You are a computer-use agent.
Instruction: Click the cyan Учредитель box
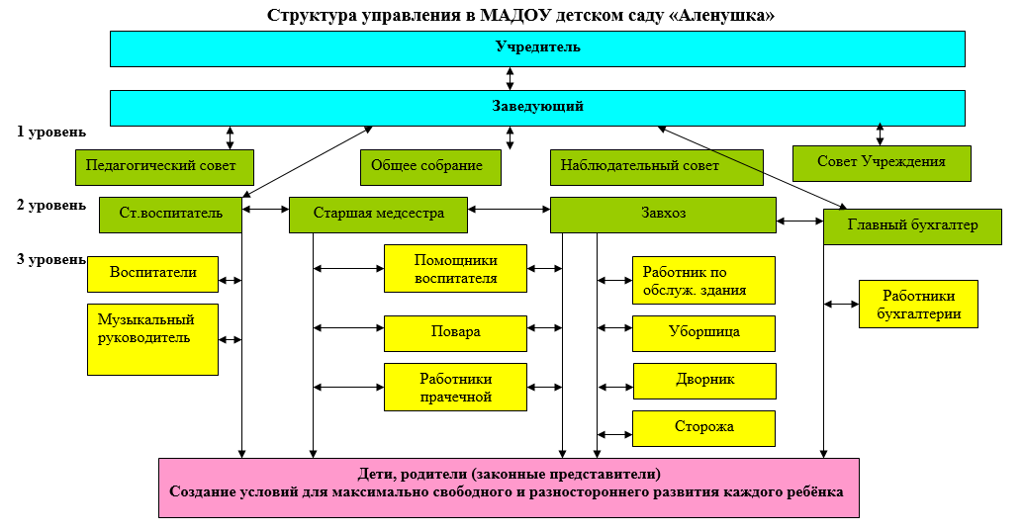(x=537, y=47)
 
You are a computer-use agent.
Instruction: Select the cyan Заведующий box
(x=537, y=107)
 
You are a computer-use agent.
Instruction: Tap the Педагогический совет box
(x=164, y=166)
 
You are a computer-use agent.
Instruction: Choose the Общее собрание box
(x=430, y=166)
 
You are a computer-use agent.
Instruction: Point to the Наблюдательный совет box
(x=656, y=166)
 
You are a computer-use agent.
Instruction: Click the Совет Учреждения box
(x=881, y=162)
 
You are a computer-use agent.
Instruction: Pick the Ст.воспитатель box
(x=170, y=214)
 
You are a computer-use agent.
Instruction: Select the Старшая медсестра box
(x=378, y=214)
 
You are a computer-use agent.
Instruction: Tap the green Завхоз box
(x=662, y=214)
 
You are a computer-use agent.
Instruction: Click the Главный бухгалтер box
(x=912, y=225)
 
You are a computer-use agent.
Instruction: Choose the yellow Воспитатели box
(x=152, y=273)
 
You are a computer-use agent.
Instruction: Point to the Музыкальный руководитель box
(x=152, y=338)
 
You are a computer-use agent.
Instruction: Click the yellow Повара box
(x=455, y=332)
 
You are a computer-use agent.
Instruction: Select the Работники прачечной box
(x=455, y=387)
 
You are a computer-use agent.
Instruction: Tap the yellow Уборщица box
(x=703, y=332)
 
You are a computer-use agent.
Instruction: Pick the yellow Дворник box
(x=703, y=380)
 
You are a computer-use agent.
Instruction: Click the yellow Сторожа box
(x=703, y=427)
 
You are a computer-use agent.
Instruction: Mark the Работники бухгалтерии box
(x=917, y=304)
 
